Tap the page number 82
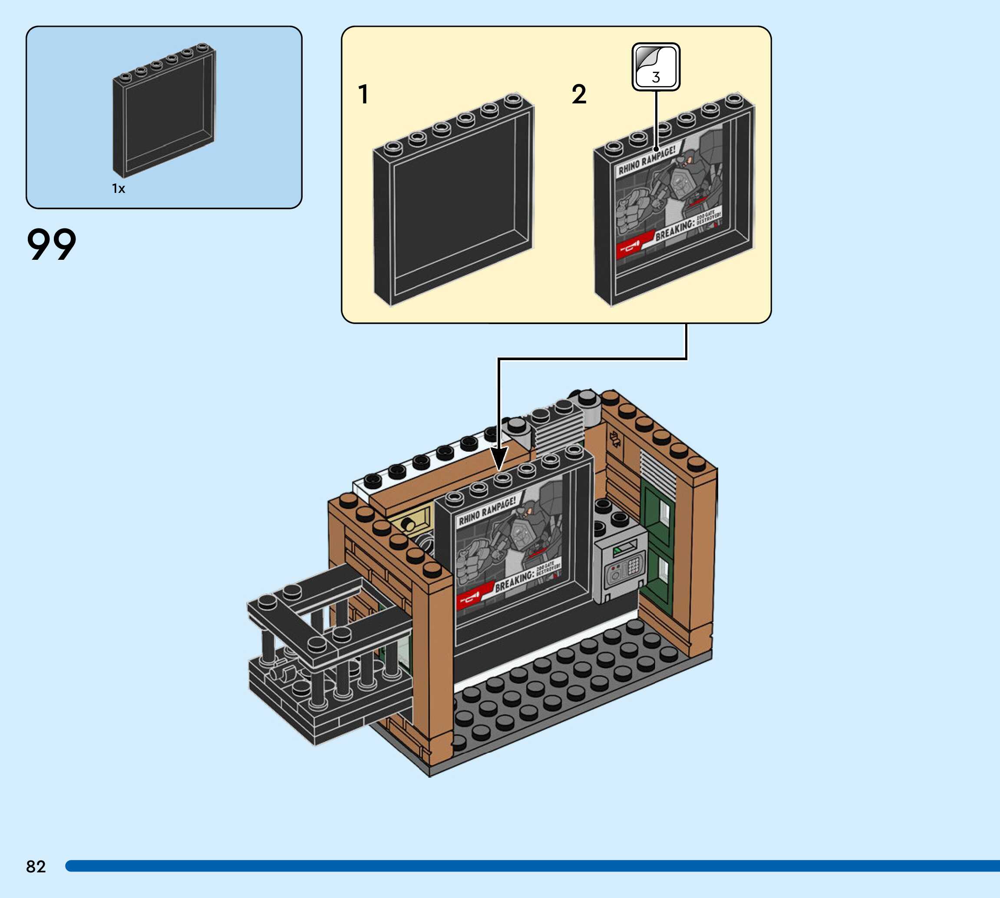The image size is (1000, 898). click(36, 866)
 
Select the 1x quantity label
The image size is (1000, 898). click(119, 189)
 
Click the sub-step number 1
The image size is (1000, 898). click(363, 94)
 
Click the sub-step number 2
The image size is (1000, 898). click(579, 94)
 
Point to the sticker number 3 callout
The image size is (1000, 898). click(656, 67)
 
